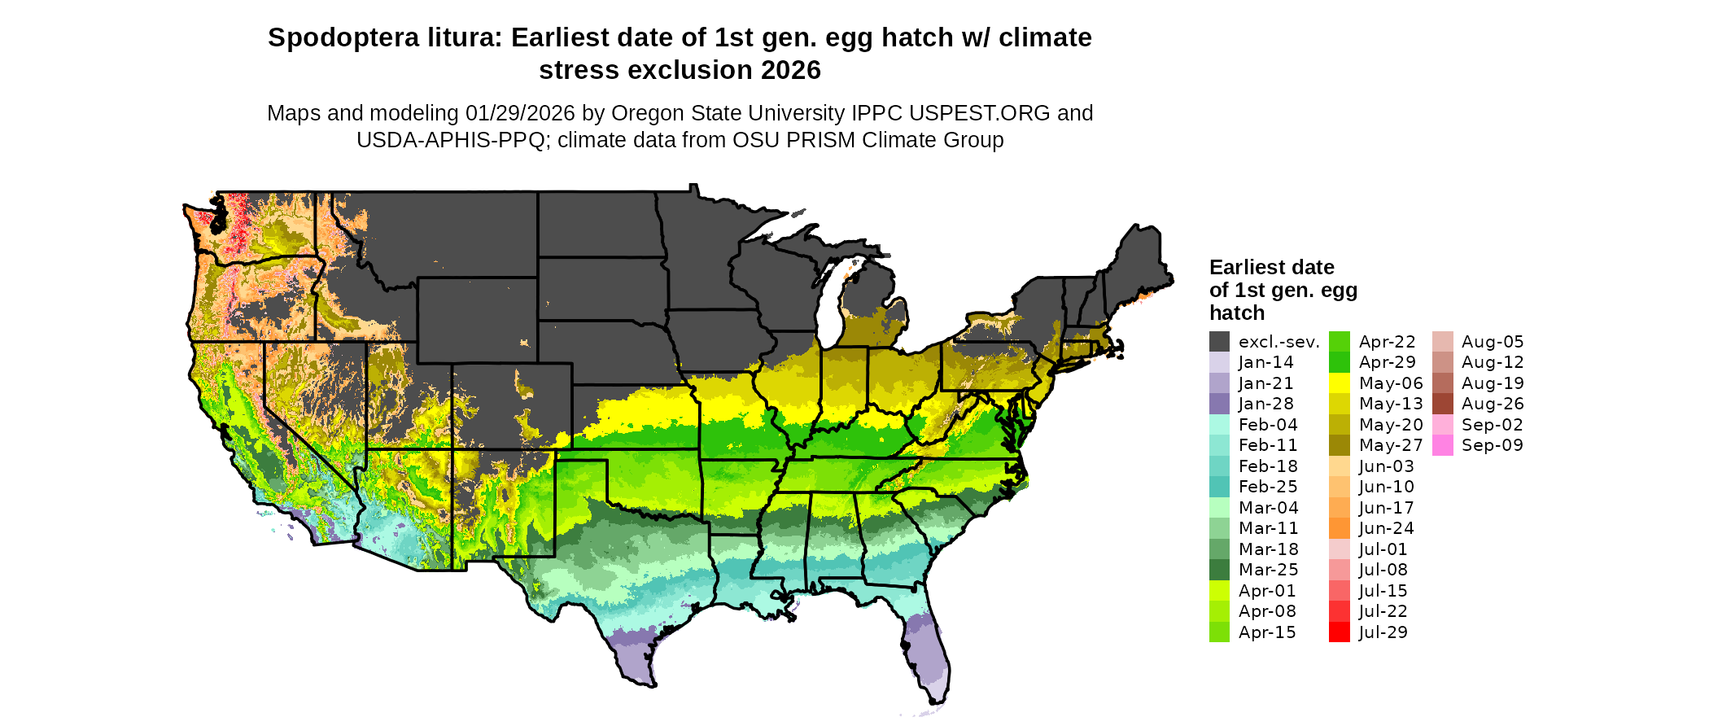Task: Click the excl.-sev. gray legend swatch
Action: tap(1219, 342)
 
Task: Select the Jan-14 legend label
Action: tap(1265, 362)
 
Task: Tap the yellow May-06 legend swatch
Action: tap(1339, 383)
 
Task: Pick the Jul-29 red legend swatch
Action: tap(1339, 632)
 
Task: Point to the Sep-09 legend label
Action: tap(1492, 445)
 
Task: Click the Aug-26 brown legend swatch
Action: tap(1442, 404)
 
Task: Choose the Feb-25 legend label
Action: tap(1268, 487)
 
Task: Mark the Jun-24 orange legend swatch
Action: tap(1339, 528)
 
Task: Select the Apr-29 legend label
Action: tap(1387, 362)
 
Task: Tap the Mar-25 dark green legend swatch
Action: tap(1219, 570)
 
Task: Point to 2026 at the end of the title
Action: tap(791, 71)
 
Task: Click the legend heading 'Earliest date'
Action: tap(1271, 267)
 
